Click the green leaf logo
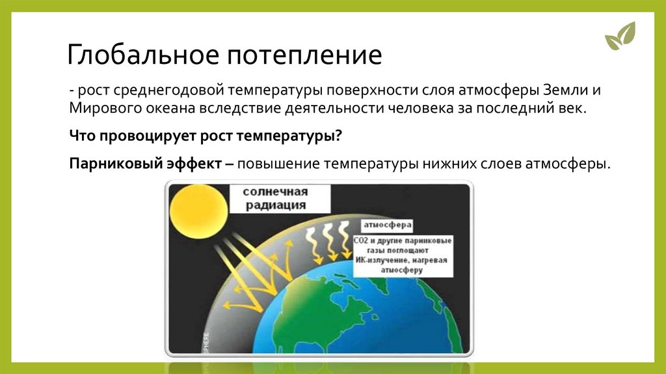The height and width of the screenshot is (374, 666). (620, 36)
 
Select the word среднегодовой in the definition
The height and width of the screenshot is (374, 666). (168, 90)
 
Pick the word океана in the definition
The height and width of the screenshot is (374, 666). (171, 109)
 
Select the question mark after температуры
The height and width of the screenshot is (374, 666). (338, 136)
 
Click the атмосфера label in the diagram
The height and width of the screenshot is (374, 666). (388, 225)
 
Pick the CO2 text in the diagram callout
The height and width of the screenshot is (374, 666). (360, 241)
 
